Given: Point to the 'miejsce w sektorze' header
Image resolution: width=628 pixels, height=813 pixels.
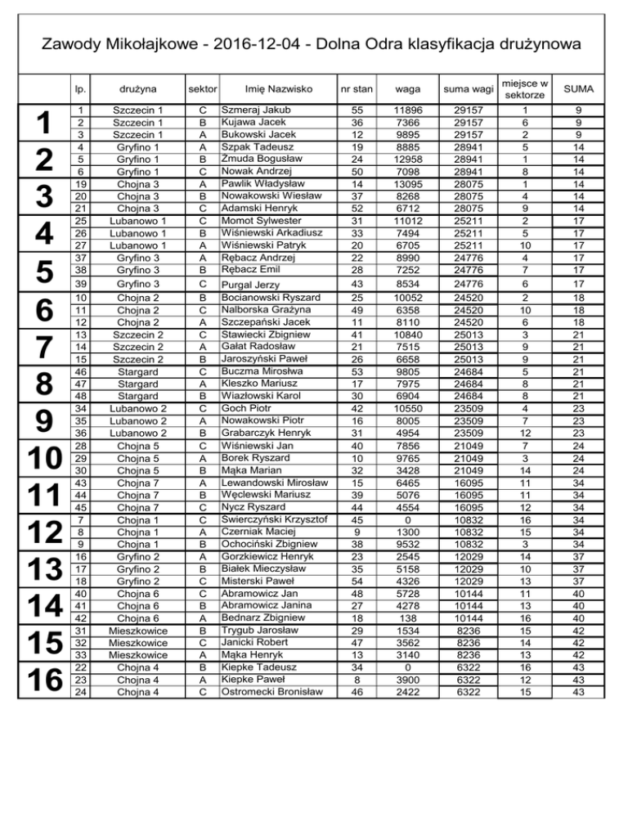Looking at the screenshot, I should [x=526, y=87].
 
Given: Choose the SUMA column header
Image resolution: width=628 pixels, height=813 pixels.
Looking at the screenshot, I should [x=578, y=87].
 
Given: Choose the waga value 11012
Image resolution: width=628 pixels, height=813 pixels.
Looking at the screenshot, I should [x=407, y=221].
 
